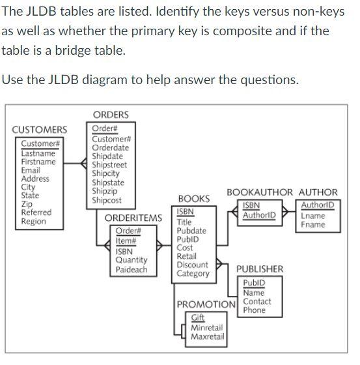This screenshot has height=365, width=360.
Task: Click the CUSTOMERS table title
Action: (x=40, y=130)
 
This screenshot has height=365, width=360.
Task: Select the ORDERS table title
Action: (x=111, y=115)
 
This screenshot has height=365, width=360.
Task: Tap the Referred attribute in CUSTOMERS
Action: (x=36, y=212)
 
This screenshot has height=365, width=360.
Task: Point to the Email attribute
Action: (x=31, y=170)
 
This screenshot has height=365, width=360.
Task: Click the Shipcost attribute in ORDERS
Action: (x=107, y=201)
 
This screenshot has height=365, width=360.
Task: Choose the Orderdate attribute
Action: (x=110, y=147)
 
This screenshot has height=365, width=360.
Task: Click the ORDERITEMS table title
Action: (x=133, y=218)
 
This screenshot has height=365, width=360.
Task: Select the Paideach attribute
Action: (x=132, y=269)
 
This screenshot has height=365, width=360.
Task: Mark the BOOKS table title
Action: (x=194, y=198)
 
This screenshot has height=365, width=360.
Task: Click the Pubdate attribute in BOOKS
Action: (x=191, y=231)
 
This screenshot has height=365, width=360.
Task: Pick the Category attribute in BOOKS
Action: (x=193, y=274)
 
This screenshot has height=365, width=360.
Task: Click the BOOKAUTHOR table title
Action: (x=260, y=192)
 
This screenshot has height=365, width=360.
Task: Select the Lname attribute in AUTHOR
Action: (x=313, y=216)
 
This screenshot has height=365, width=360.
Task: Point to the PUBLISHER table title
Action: (x=260, y=269)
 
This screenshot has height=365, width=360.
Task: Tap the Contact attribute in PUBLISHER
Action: (x=257, y=302)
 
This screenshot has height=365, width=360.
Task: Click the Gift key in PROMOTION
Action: (x=198, y=317)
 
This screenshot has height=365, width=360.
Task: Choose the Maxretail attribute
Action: (x=208, y=337)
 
